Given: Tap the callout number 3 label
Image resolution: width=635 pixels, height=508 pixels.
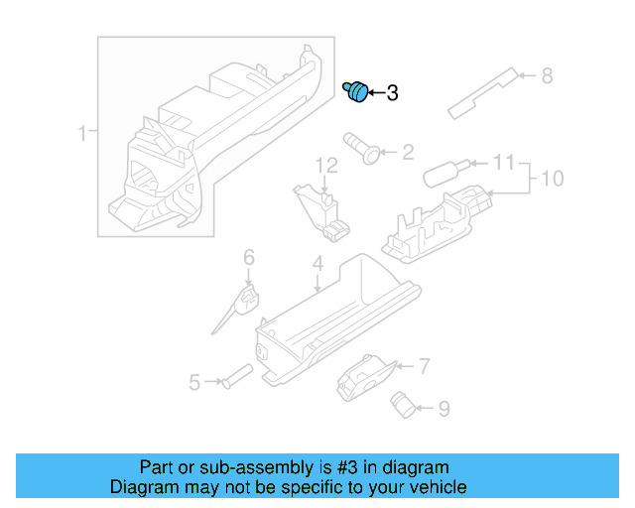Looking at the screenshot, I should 392,93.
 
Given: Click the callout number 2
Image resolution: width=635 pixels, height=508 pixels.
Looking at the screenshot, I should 407,153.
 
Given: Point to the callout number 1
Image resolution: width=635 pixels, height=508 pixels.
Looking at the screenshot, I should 83,131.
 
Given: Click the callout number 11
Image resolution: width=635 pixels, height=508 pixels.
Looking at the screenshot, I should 504,162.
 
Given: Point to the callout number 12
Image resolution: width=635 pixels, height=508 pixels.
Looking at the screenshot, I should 327,164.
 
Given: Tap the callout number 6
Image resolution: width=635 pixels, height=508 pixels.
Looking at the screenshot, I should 249,258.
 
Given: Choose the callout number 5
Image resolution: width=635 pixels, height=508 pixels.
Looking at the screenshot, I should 195,381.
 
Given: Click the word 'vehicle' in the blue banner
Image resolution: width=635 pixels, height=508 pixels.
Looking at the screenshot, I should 433,487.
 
